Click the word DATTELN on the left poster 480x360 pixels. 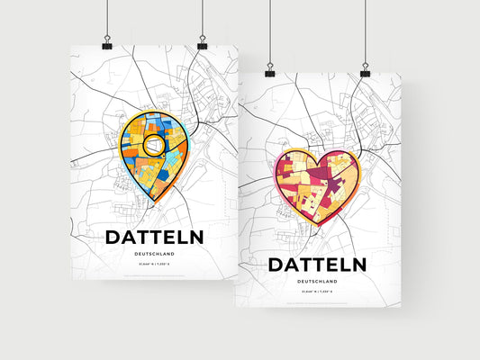pos(154,237)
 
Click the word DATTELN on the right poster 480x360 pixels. pos(316,265)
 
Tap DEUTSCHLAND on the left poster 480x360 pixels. pos(154,254)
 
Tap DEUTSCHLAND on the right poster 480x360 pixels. pos(316,282)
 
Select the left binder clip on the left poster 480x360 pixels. pos(107,44)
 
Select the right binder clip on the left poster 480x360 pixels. pos(202,44)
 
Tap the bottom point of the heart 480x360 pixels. pos(316,229)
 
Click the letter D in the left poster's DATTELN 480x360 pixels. pos(114,237)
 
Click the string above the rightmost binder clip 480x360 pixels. pos(365,31)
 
